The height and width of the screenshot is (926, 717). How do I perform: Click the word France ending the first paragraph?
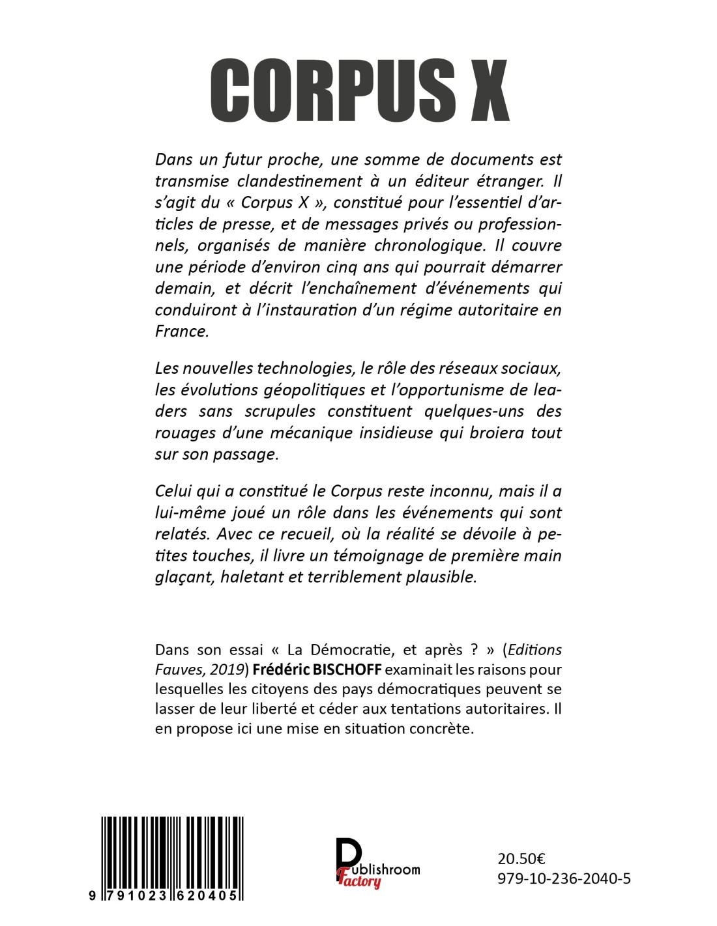182,331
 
